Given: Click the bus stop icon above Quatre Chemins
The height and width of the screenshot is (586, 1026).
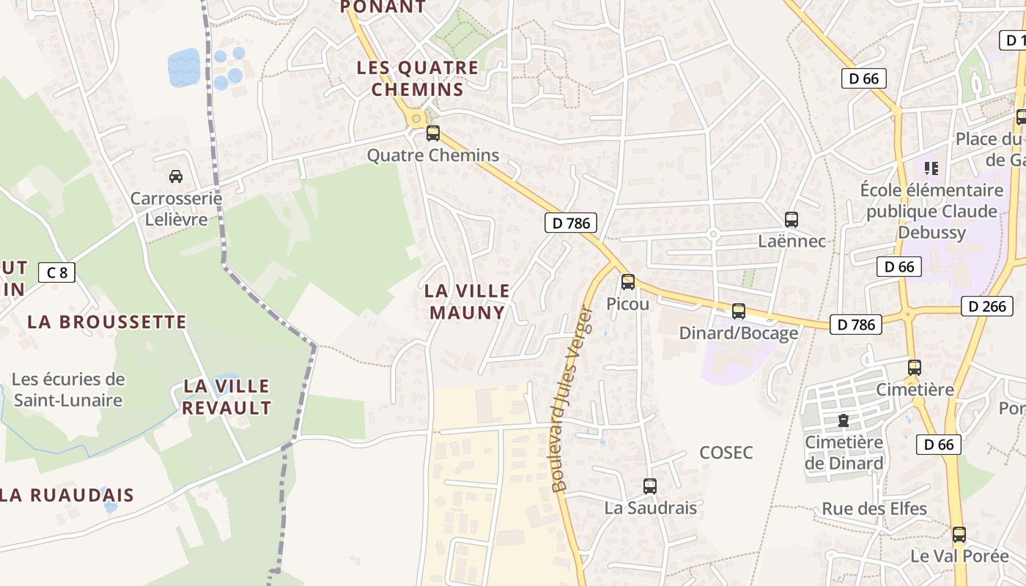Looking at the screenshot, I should [x=433, y=133].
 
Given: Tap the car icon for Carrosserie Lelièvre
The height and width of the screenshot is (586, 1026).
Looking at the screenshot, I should [x=176, y=177].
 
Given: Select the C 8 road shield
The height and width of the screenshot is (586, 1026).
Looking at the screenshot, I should [x=56, y=273].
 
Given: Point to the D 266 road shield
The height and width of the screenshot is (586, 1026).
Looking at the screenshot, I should [x=987, y=306].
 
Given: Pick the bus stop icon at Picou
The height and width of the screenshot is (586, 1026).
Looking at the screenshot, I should [x=628, y=282].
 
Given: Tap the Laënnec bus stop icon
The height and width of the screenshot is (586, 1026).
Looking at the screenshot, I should [x=791, y=219].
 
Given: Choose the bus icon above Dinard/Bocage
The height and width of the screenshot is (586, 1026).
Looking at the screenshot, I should [x=739, y=311].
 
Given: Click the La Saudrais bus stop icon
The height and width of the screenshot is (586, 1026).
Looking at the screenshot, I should [x=650, y=486].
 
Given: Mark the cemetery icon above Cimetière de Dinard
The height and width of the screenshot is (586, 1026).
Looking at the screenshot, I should [x=844, y=421].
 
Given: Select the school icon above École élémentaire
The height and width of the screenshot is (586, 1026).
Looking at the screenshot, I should [x=931, y=168].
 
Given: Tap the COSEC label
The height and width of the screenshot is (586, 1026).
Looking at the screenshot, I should [x=726, y=453].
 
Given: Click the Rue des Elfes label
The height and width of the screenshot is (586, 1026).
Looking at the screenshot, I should [x=874, y=508].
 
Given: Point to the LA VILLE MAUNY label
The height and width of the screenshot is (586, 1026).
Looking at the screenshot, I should [x=468, y=302].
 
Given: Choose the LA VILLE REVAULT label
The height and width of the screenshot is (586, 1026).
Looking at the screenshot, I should [x=226, y=397].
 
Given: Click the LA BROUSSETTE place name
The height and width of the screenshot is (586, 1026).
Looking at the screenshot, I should [x=107, y=322].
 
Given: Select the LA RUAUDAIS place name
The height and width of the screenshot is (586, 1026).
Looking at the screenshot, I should [x=67, y=495].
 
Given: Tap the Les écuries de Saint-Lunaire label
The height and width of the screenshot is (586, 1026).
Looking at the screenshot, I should [x=68, y=390].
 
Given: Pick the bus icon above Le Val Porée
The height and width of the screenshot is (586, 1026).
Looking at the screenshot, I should [x=959, y=535].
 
